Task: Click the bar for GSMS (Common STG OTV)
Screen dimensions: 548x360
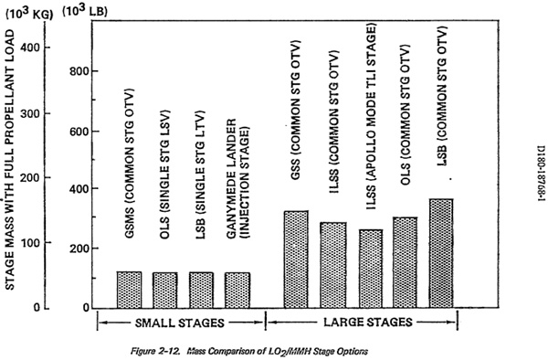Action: [x=130, y=290]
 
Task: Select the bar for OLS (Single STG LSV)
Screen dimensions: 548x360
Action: [x=165, y=290]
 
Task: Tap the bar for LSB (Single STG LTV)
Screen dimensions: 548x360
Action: [x=201, y=290]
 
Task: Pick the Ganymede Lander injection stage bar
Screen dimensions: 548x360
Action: [x=237, y=290]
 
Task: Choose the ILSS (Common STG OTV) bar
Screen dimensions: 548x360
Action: [x=333, y=265]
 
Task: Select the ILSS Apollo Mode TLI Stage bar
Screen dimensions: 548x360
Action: [x=371, y=269]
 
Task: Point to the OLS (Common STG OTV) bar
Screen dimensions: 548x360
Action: [x=405, y=263]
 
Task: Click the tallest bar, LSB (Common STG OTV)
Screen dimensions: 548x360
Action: [x=441, y=253]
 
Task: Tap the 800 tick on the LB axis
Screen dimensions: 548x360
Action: [x=79, y=71]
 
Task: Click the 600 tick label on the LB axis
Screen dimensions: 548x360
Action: [x=79, y=131]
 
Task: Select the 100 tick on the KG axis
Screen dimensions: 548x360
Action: [x=30, y=242]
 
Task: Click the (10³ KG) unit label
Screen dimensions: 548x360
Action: [x=29, y=14]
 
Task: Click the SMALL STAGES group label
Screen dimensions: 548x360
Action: [x=180, y=323]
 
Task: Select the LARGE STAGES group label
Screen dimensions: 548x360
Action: [x=368, y=322]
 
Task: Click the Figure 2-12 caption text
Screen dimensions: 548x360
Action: [x=249, y=351]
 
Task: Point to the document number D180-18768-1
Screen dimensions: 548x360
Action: [x=542, y=178]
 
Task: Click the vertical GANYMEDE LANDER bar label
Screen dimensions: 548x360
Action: [x=238, y=178]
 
